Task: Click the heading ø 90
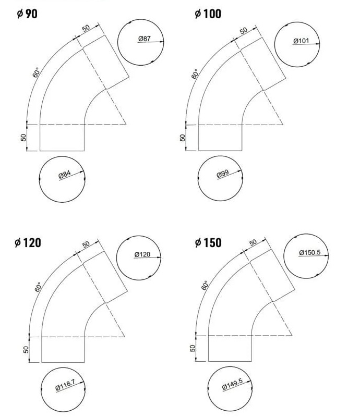pos(27,14)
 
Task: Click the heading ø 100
pos(208,14)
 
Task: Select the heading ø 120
pos(28,242)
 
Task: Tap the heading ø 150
pos(208,242)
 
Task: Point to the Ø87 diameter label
pos(145,39)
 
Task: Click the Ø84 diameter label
pos(65,175)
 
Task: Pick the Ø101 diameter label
pos(301,41)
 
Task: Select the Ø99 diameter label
pos(223,174)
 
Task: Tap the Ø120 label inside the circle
pos(142,254)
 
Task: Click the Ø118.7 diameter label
pos(66,385)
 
